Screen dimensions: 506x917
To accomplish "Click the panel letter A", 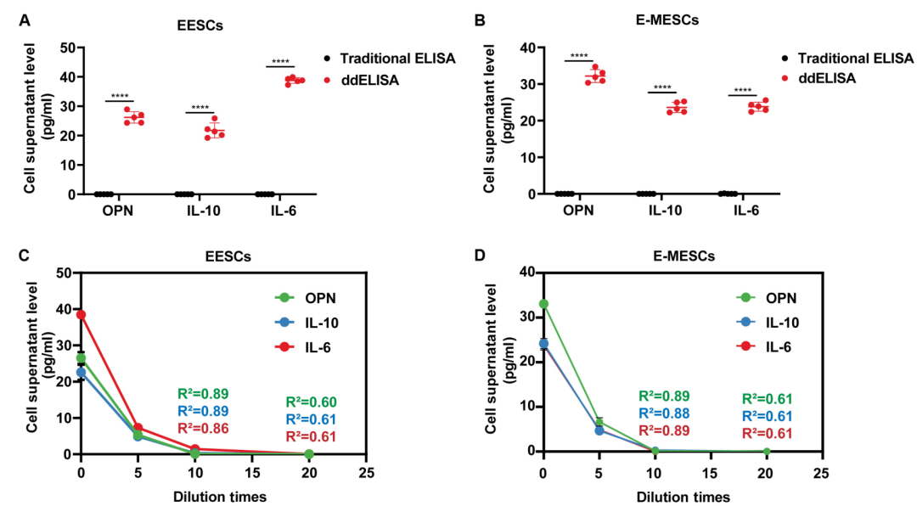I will pyautogui.click(x=25, y=18).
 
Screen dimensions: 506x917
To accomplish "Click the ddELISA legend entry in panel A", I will pyautogui.click(x=371, y=80).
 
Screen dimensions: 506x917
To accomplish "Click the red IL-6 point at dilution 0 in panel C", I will pyautogui.click(x=82, y=314).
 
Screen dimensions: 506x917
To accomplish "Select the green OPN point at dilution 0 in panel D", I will pyautogui.click(x=543, y=304).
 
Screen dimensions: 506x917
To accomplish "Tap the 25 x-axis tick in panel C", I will pyautogui.click(x=365, y=469).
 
